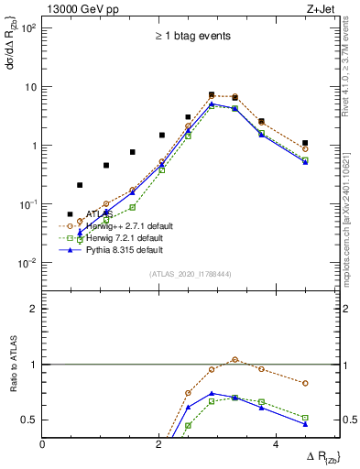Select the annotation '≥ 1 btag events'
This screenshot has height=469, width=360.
(191, 36)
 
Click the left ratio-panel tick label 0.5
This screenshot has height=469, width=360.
(29, 420)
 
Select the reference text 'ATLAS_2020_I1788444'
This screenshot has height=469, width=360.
(191, 273)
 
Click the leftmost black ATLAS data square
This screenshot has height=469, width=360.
(71, 213)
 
